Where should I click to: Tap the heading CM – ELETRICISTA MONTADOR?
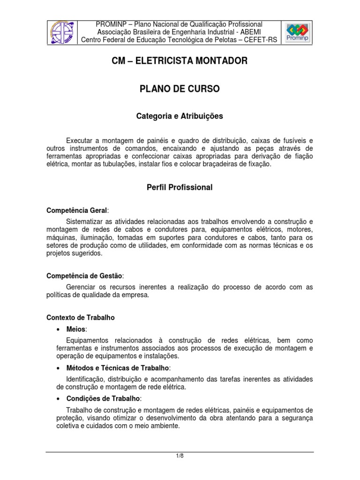(180, 61)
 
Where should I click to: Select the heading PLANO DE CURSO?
(180, 89)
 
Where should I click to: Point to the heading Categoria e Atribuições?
(180, 115)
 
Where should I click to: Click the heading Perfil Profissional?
(180, 187)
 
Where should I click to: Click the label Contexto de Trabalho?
(81, 317)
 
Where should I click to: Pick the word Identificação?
(88, 379)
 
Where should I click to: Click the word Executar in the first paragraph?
(80, 141)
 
